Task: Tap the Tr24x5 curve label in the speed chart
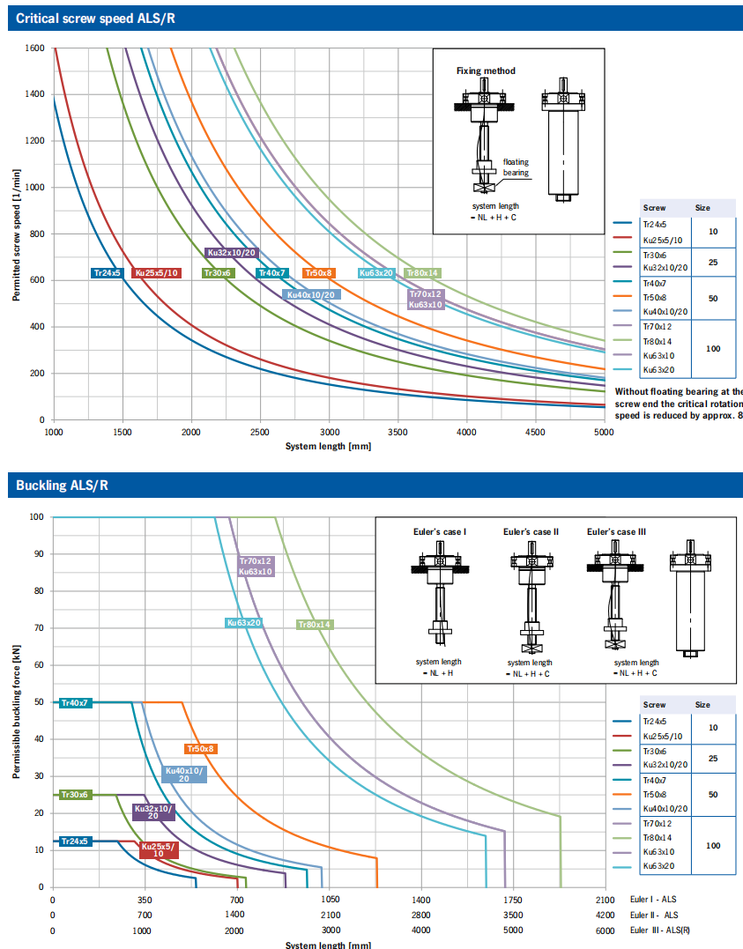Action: click(x=107, y=273)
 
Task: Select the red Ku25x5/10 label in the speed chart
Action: click(x=157, y=273)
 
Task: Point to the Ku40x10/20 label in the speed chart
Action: click(x=311, y=295)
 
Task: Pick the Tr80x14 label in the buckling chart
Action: click(x=314, y=625)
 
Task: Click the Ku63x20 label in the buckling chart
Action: click(x=243, y=623)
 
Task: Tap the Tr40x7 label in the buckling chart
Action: click(x=74, y=702)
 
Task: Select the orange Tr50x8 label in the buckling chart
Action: click(x=201, y=749)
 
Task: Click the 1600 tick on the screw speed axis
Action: click(x=35, y=48)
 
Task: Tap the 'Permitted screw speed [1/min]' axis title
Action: click(x=17, y=234)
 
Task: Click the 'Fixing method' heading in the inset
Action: click(x=486, y=70)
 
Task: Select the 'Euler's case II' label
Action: click(x=531, y=532)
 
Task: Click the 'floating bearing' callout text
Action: click(x=516, y=167)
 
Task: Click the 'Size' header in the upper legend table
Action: click(x=702, y=208)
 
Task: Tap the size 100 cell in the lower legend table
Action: click(x=713, y=845)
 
